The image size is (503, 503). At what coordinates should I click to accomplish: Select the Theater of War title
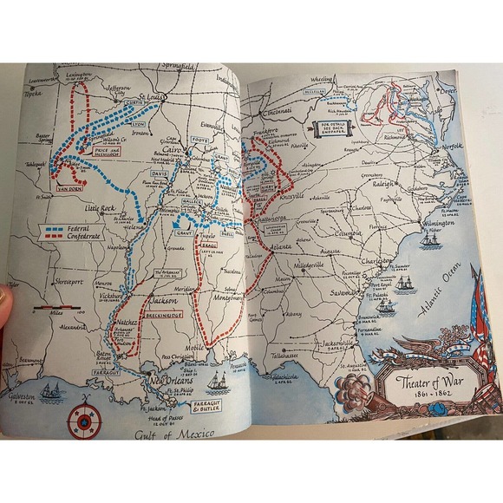pyautogui.click(x=431, y=382)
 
